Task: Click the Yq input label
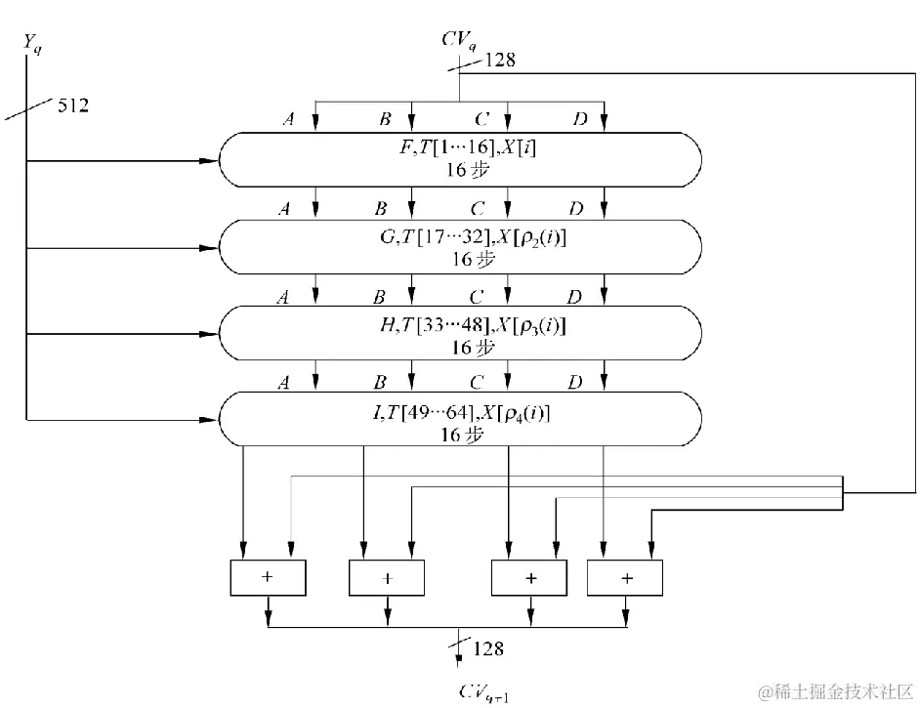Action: pos(31,42)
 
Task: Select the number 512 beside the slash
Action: pos(73,105)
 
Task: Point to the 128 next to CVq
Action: pos(498,61)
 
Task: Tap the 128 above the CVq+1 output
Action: pos(489,648)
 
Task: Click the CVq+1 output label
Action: pos(480,692)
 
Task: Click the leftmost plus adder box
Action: pos(267,577)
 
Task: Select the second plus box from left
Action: pos(387,578)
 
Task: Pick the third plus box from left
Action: pos(529,578)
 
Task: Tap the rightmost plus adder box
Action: pos(625,578)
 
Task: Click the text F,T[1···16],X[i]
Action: pos(460,149)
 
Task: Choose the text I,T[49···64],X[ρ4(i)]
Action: pos(460,413)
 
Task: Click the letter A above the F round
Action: pos(288,119)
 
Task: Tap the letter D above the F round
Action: pos(580,119)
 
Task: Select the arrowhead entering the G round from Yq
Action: pos(206,249)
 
